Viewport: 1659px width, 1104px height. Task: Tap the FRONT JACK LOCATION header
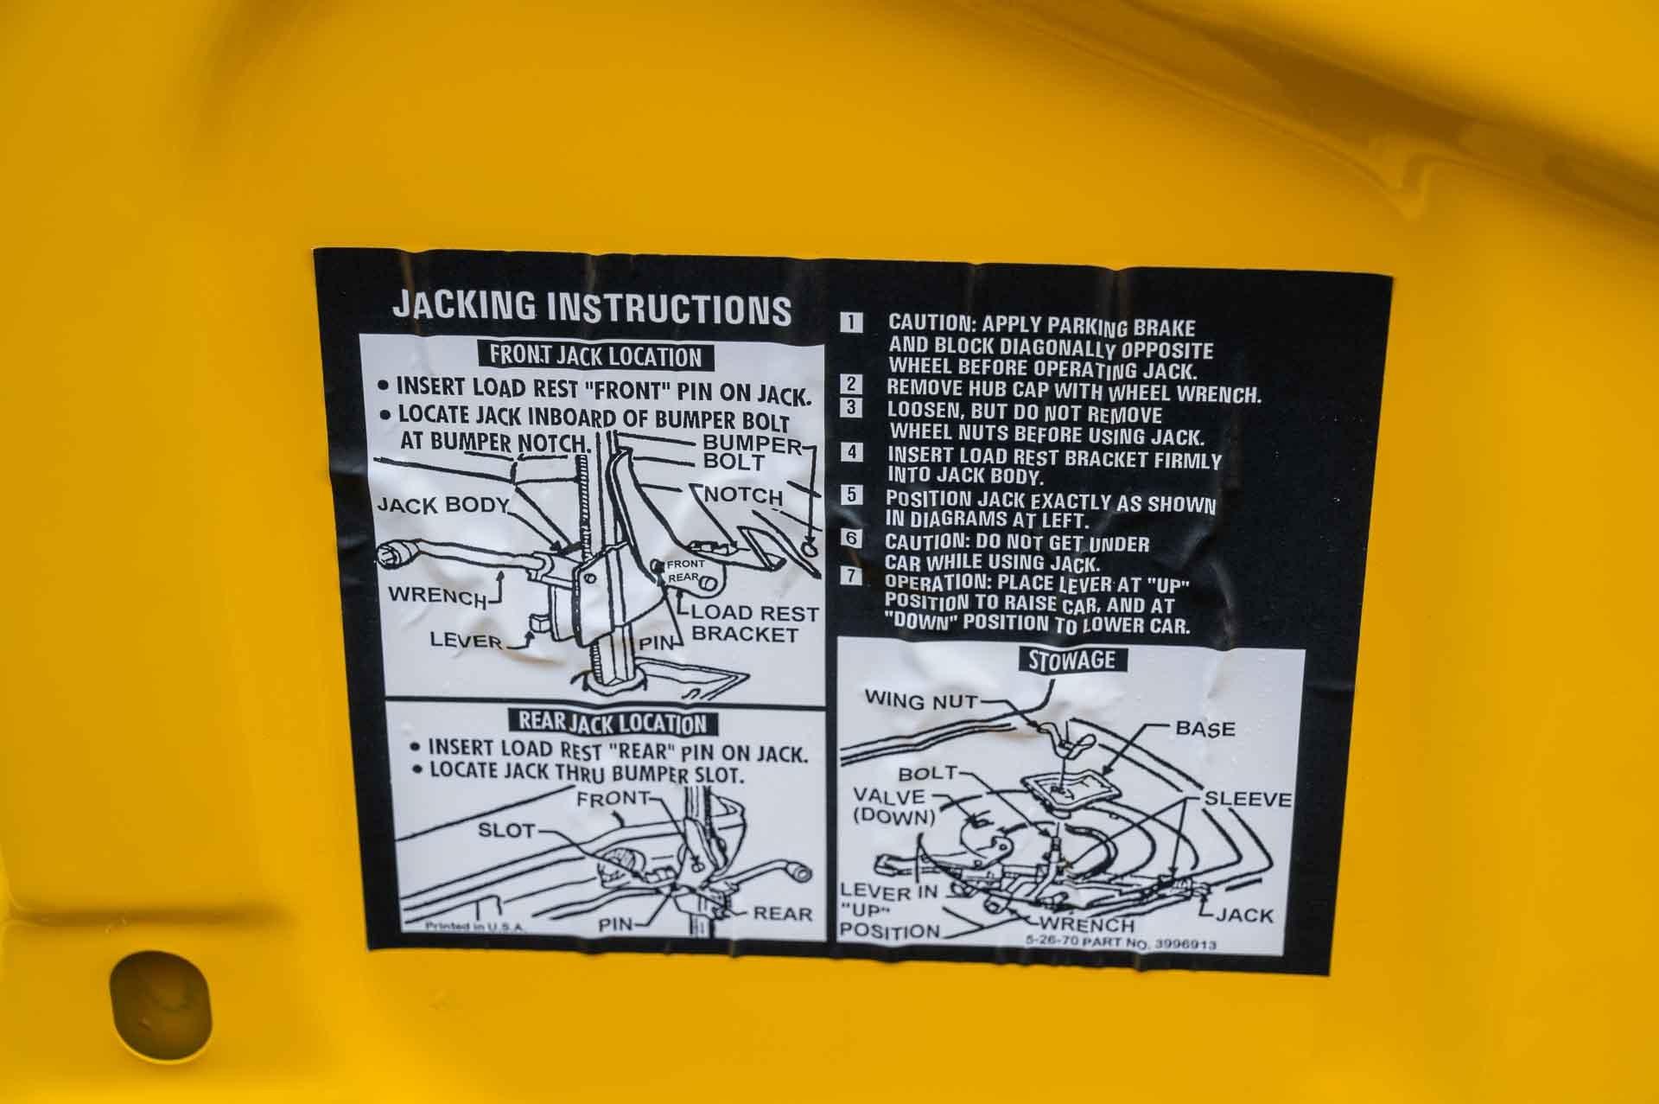(595, 355)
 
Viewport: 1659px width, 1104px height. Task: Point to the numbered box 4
(853, 451)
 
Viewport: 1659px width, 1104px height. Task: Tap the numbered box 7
(852, 577)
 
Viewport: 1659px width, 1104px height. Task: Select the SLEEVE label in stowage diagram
(1249, 800)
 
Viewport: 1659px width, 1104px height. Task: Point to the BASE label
(1205, 729)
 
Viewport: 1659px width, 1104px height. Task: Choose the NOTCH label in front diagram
(744, 495)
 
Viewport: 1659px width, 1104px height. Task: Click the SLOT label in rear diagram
(506, 831)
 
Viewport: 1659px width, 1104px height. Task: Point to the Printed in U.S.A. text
(474, 925)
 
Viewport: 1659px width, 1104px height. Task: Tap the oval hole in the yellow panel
(160, 1001)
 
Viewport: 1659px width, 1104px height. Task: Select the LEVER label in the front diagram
(467, 640)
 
